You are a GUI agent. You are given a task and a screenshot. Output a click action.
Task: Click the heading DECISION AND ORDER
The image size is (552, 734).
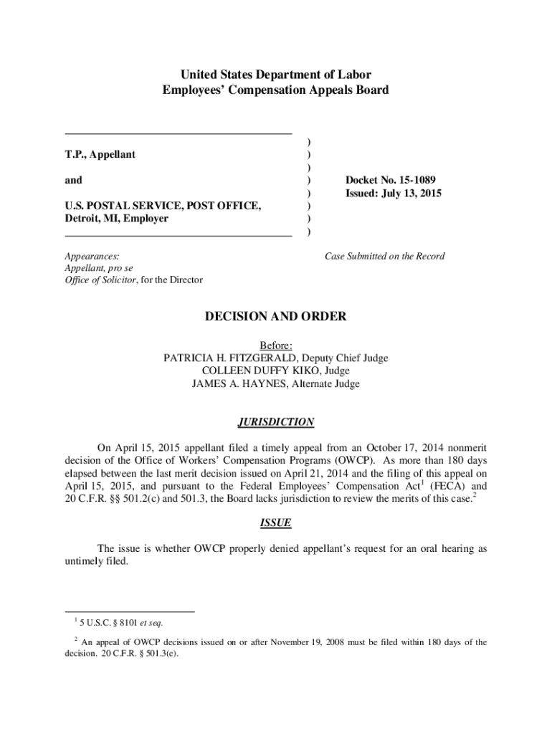click(x=276, y=316)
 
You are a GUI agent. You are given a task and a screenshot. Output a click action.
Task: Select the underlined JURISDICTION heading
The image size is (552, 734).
click(x=276, y=422)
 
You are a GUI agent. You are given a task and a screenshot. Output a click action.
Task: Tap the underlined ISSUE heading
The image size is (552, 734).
click(x=276, y=523)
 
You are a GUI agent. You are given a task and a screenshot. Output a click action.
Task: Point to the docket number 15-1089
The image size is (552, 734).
click(x=418, y=180)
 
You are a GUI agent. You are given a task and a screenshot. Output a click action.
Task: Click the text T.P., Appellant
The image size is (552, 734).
click(x=100, y=154)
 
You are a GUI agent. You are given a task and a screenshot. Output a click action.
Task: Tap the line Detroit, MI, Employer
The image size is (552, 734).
click(x=116, y=218)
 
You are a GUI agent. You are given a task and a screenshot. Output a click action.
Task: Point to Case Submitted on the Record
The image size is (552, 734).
click(x=384, y=256)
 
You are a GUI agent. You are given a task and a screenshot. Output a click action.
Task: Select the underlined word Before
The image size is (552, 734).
click(x=275, y=345)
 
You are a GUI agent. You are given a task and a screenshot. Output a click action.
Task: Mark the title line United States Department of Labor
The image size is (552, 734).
click(x=276, y=75)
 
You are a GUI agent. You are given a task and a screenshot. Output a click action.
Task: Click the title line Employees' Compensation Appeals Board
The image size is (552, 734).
click(x=276, y=90)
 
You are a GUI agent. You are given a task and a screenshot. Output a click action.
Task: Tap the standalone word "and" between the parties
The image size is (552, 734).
click(x=73, y=180)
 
